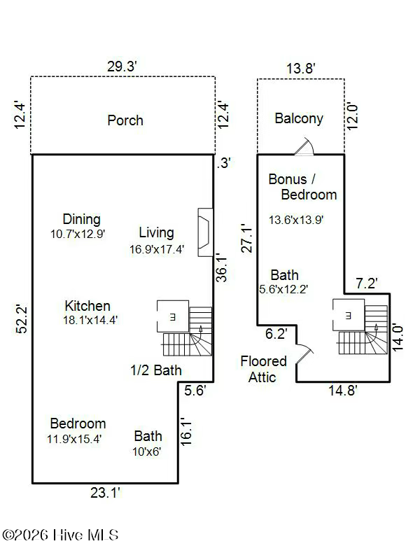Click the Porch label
coord(125,120)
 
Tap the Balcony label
coord(299,118)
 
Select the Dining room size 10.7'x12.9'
coord(78,234)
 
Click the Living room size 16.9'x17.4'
coord(157,249)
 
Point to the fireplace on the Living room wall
coord(205,232)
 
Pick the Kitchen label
coord(87,306)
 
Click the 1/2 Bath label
coord(156,370)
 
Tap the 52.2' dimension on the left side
coord(22,319)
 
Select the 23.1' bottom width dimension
coord(106,493)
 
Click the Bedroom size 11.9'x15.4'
coord(74,439)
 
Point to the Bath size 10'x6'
coord(147,451)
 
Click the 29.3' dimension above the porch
coord(122,66)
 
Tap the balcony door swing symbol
coord(304,146)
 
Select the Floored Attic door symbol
coord(304,353)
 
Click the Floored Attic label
coord(263,370)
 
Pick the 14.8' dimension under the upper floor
coord(343,391)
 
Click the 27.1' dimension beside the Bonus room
coord(247,239)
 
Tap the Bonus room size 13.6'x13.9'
coord(296,220)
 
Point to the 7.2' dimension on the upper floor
coord(367,283)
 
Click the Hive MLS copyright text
coord(60,535)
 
